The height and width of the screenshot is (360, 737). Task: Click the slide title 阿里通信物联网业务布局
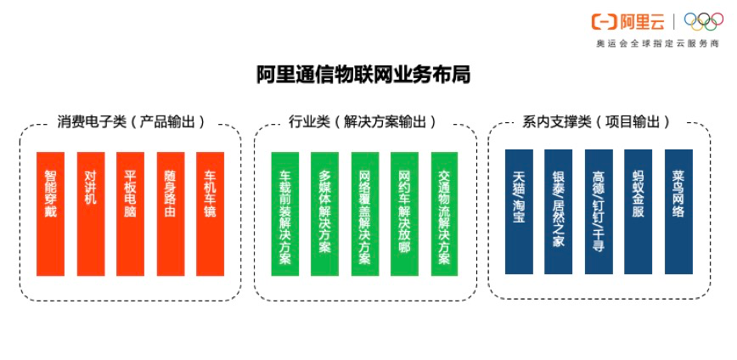coord(363,76)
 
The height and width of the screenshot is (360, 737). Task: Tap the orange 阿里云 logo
coord(628,21)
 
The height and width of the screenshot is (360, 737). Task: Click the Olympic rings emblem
coord(704,21)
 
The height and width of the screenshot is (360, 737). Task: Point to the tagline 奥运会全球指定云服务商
coord(657,43)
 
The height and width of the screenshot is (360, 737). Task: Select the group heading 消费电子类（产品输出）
coord(132,122)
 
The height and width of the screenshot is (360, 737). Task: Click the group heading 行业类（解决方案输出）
coord(363,122)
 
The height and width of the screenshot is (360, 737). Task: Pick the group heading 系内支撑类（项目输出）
coord(596,122)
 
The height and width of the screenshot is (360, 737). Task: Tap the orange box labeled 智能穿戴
coord(50,214)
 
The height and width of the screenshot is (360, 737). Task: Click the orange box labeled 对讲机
coord(91,214)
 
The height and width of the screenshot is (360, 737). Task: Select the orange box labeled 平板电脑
coord(130,214)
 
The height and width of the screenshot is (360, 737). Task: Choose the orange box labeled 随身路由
coord(171,214)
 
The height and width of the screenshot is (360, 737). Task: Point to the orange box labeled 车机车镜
coord(210,214)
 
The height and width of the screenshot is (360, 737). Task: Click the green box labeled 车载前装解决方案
coord(284,214)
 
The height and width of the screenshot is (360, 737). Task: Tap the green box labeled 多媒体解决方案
coord(324,214)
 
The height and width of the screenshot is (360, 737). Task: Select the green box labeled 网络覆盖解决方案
coord(365,214)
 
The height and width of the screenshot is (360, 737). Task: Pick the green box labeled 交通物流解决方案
coord(444,214)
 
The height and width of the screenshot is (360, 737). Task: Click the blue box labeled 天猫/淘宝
coord(519,211)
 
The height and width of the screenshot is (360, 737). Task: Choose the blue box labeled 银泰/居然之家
coord(559,211)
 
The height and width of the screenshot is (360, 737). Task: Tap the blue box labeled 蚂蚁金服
coord(638,211)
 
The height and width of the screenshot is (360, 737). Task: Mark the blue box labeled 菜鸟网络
coord(678,211)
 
